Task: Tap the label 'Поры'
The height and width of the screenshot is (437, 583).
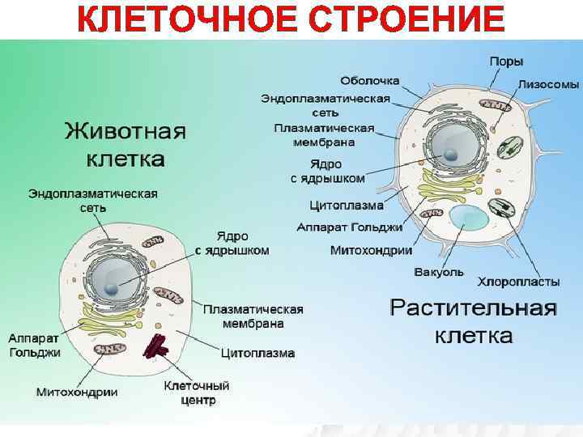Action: click(x=506, y=61)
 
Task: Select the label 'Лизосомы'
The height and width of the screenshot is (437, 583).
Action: click(x=548, y=83)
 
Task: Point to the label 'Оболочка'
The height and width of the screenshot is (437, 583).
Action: click(x=370, y=81)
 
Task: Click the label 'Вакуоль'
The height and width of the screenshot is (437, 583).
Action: click(x=439, y=272)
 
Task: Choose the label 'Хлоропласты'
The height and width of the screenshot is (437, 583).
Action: click(x=518, y=282)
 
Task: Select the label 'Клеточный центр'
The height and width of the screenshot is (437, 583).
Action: click(x=197, y=393)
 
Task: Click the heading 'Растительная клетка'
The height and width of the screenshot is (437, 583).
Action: click(x=474, y=321)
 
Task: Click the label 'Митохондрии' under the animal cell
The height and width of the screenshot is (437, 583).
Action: click(x=77, y=392)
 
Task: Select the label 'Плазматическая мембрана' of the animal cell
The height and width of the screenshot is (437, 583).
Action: click(x=253, y=316)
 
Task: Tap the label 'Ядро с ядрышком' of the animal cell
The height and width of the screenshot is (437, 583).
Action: click(x=232, y=243)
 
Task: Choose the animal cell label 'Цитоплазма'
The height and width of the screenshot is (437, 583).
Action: click(x=257, y=354)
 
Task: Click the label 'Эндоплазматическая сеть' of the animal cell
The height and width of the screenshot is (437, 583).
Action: click(x=93, y=201)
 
